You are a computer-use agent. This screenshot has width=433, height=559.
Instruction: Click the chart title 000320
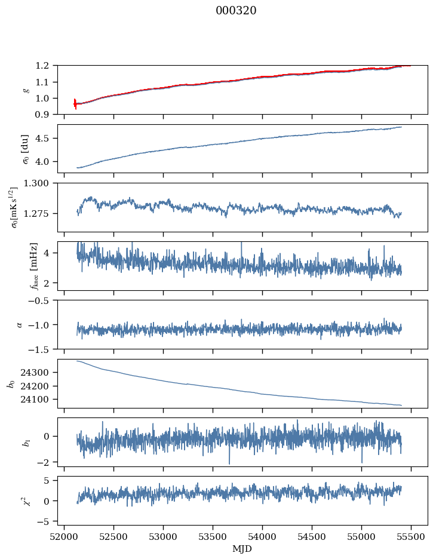tap(236, 11)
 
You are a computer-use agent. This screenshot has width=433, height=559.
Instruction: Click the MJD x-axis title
tap(242, 548)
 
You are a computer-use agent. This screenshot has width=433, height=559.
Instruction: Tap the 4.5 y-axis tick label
tap(47, 139)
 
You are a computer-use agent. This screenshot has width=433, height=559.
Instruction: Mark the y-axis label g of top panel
tap(26, 90)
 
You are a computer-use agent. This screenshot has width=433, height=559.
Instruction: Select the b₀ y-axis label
tap(10, 383)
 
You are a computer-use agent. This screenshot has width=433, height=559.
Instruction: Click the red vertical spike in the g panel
tap(75, 104)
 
